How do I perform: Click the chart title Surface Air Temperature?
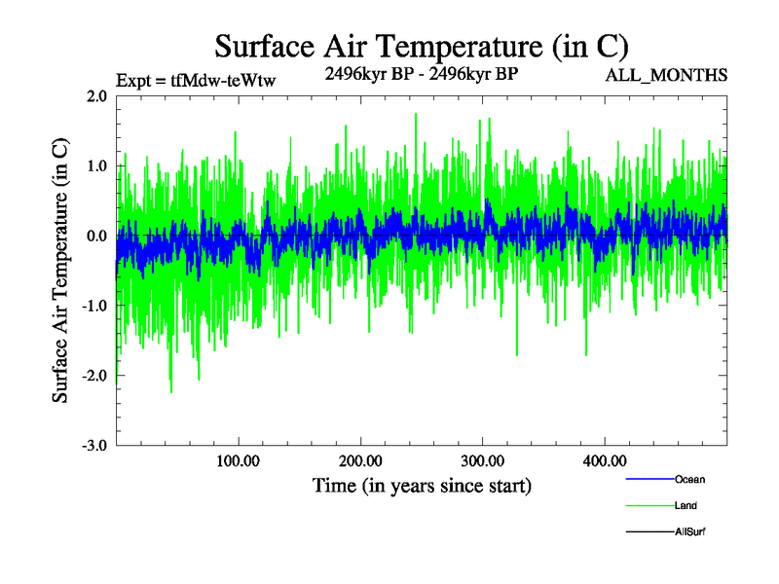point(421,46)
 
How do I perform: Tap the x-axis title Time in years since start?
point(422,484)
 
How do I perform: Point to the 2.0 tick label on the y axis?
point(96,96)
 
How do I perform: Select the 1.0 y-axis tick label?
point(96,166)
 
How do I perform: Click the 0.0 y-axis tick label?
point(96,237)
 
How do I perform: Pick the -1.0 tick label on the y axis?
point(94,306)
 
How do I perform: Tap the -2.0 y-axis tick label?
point(94,376)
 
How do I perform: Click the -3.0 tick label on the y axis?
point(94,446)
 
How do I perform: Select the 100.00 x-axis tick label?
point(238,459)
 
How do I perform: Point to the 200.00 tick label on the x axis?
point(360,459)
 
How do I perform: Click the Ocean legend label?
point(689,480)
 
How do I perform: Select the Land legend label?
point(686,506)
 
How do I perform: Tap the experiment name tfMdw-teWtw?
point(223,81)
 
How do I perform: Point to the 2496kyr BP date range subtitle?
point(422,73)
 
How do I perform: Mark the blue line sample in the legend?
point(649,480)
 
